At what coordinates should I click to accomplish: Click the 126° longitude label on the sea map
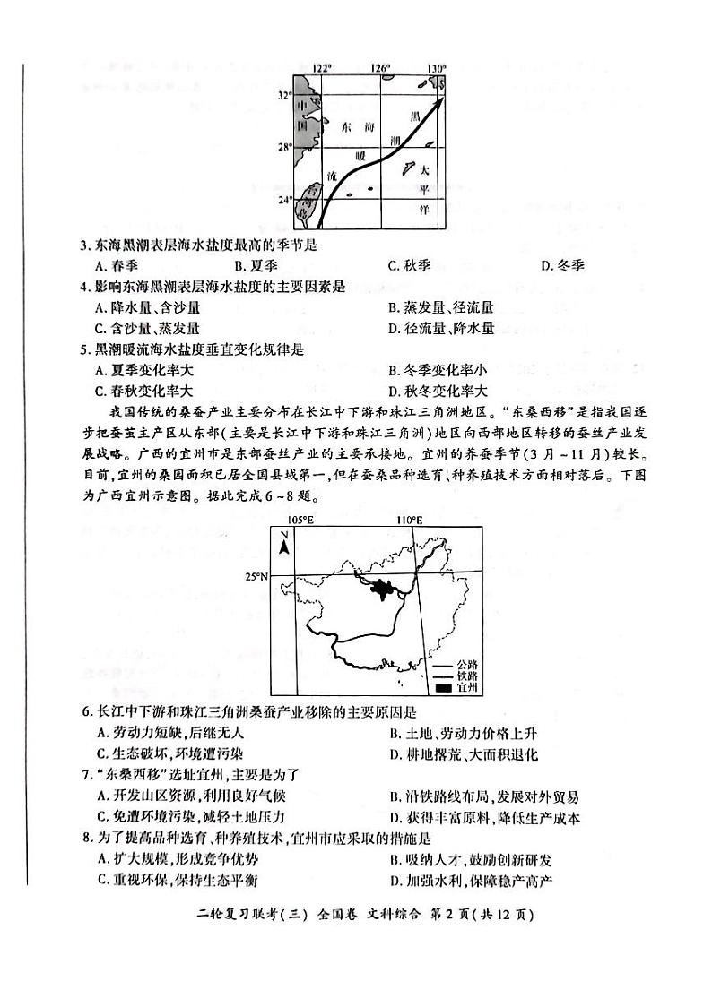380,68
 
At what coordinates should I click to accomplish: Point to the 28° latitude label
283,147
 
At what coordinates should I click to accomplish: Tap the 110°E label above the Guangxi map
409,520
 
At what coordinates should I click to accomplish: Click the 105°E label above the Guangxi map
300,520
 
